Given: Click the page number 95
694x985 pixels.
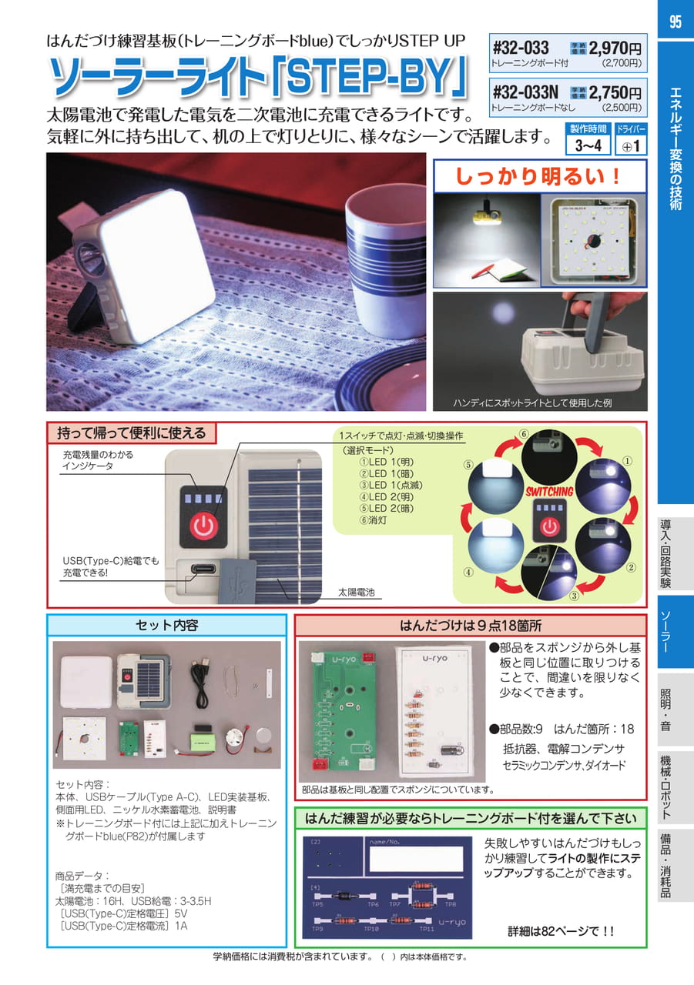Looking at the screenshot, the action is [x=675, y=22].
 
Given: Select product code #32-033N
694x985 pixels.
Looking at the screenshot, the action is [x=525, y=92].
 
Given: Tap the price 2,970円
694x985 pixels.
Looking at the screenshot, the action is [x=615, y=48].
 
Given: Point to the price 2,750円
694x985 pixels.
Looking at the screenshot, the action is [x=615, y=92].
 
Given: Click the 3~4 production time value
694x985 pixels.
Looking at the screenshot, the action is [x=588, y=145].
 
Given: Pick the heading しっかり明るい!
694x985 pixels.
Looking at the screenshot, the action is [x=538, y=176].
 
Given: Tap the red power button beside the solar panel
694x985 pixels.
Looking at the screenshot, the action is [x=204, y=526].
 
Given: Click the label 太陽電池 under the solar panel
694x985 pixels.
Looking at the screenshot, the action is [x=356, y=592].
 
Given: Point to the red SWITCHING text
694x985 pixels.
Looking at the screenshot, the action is [x=549, y=492].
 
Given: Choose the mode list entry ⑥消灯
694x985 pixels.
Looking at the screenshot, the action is [x=373, y=519].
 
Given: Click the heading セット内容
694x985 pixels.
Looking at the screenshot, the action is [x=167, y=625].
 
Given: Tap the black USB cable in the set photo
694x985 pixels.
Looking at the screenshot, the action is [x=201, y=679].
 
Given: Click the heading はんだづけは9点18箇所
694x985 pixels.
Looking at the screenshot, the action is [x=471, y=626].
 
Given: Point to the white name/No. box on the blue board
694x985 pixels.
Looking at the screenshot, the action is [x=416, y=860].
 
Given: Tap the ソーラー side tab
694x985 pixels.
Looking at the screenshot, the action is [x=666, y=632].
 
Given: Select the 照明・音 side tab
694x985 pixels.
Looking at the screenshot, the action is [x=666, y=710].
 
